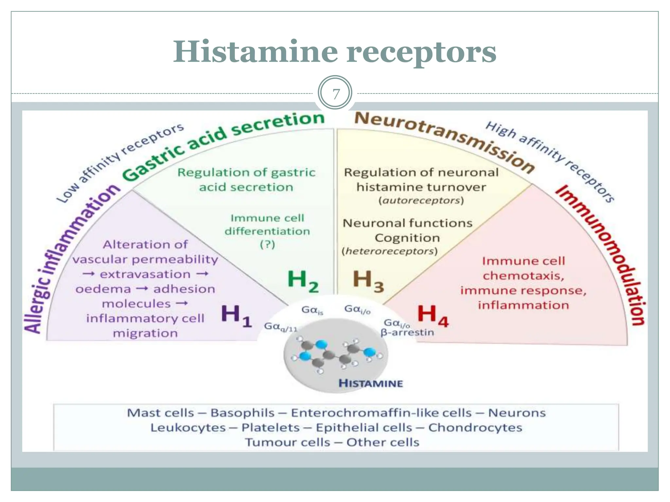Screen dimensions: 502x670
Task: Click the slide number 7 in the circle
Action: pyautogui.click(x=335, y=94)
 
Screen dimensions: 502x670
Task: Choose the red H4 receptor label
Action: pyautogui.click(x=432, y=315)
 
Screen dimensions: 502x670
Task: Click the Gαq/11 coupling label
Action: pyautogui.click(x=280, y=326)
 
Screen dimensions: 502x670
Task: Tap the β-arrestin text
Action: pyautogui.click(x=407, y=333)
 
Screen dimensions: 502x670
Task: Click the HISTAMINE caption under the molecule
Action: pyautogui.click(x=371, y=383)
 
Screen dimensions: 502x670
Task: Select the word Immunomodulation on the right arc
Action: pyautogui.click(x=605, y=252)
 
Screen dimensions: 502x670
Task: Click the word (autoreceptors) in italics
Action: pyautogui.click(x=421, y=200)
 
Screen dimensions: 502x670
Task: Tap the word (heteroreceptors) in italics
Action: pyautogui.click(x=390, y=251)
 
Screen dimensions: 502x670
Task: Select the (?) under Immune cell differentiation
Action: pyautogui.click(x=267, y=244)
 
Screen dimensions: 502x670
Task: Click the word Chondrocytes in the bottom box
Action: pyautogui.click(x=475, y=427)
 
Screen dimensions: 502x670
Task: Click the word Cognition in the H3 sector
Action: pyautogui.click(x=407, y=238)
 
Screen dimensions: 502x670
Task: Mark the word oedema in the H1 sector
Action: pyautogui.click(x=103, y=289)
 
